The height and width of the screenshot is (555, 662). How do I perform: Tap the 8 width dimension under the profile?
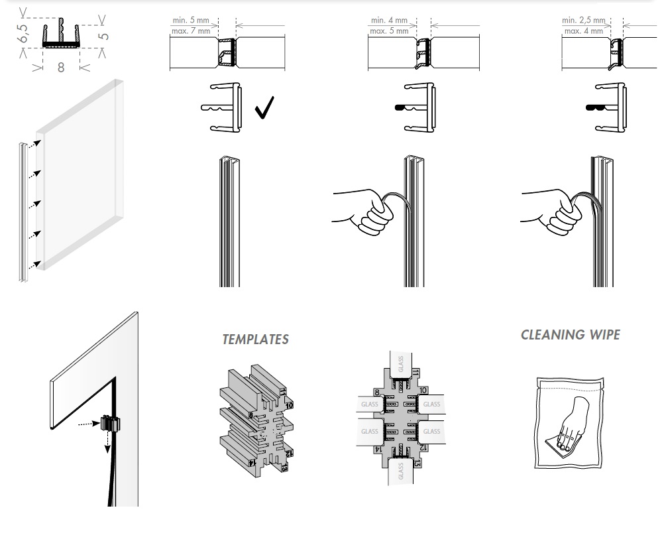(61, 67)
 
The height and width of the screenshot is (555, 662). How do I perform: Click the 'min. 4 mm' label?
(389, 21)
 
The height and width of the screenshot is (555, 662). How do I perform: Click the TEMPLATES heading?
(255, 339)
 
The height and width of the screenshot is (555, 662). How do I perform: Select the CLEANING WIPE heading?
(571, 334)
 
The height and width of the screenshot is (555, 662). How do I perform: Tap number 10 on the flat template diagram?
(424, 391)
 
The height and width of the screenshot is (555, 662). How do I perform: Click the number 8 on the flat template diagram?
(376, 392)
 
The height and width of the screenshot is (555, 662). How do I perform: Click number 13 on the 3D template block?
(285, 468)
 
